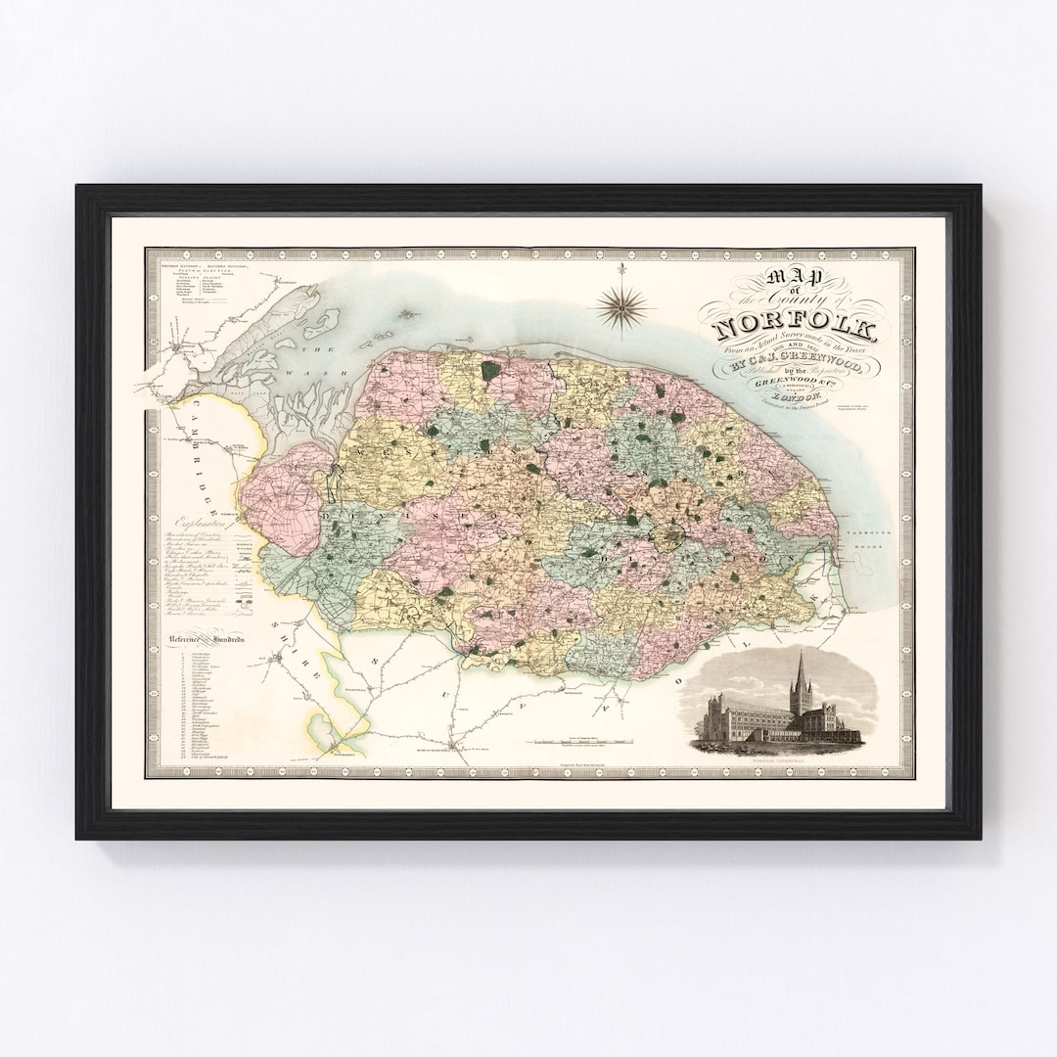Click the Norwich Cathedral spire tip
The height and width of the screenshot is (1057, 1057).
pyautogui.click(x=801, y=653)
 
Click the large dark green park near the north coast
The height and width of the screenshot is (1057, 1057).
pyautogui.click(x=490, y=371)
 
